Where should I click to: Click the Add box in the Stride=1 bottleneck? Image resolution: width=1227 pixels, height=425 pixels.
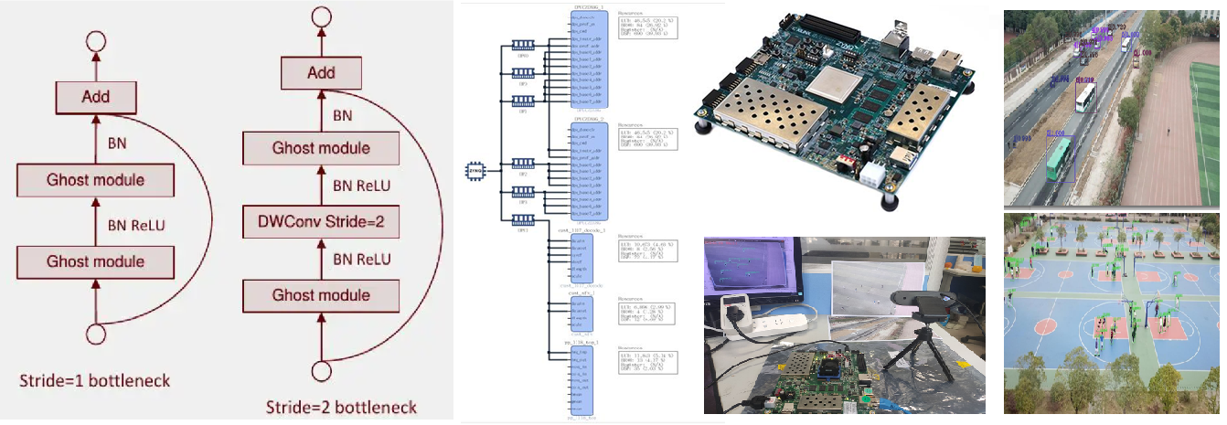(96, 97)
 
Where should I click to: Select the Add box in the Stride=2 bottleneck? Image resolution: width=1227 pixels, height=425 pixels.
(321, 71)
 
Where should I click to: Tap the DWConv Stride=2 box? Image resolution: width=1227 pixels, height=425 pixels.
(321, 222)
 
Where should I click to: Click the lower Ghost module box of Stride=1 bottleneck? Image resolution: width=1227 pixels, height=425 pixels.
(95, 262)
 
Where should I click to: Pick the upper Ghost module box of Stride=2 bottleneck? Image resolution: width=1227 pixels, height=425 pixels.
(321, 148)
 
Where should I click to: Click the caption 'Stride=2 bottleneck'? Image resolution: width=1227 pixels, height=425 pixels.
(341, 407)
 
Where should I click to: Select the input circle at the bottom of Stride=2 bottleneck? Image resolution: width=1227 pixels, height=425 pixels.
(321, 371)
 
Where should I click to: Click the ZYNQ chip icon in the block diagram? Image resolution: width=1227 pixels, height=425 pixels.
(475, 169)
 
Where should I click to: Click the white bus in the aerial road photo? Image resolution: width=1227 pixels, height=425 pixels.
(1086, 95)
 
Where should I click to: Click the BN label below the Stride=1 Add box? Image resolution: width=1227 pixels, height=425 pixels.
(118, 143)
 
